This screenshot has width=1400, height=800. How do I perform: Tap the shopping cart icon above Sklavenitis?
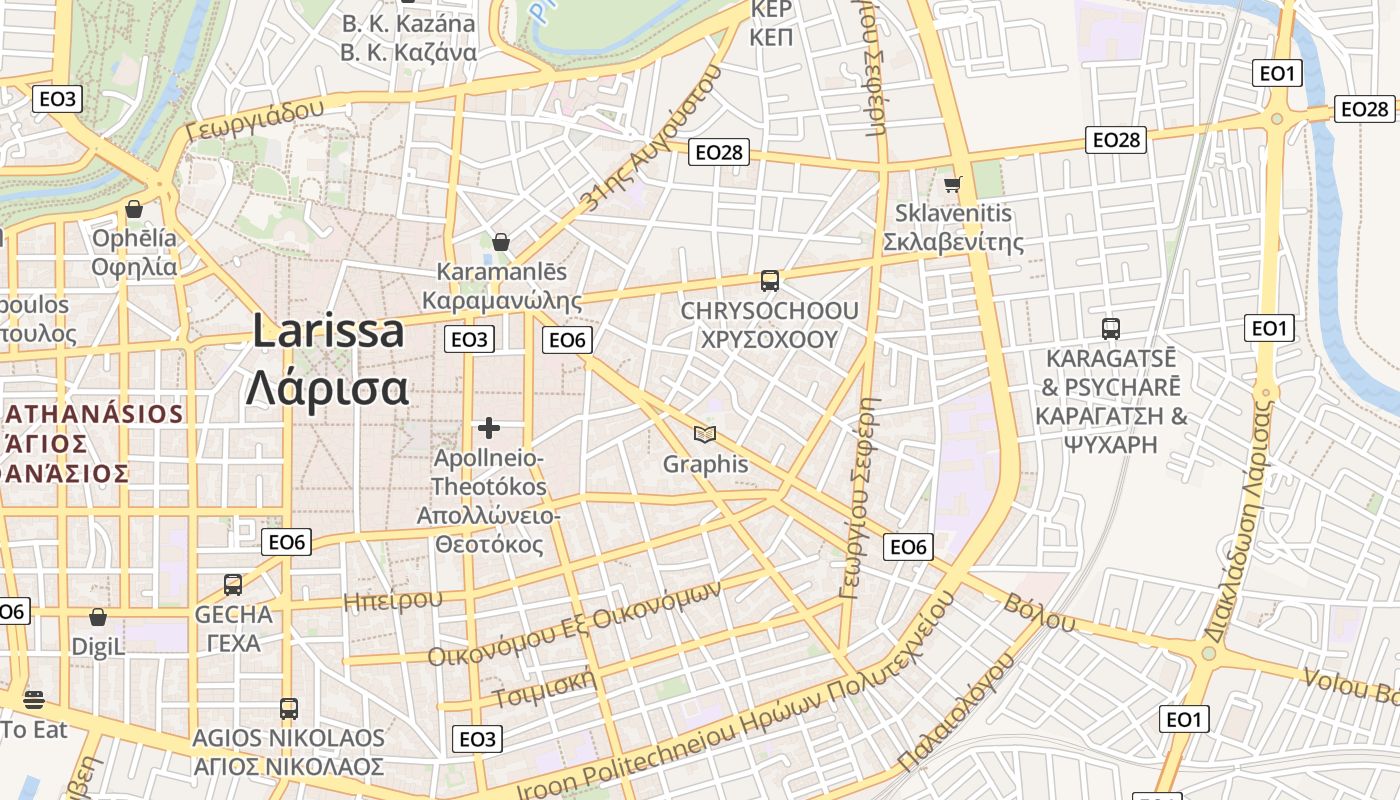(x=952, y=184)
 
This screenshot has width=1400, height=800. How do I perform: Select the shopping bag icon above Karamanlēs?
(x=501, y=242)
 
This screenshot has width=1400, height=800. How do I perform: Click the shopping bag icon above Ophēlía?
(x=133, y=209)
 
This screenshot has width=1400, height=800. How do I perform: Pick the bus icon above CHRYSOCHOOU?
(x=769, y=281)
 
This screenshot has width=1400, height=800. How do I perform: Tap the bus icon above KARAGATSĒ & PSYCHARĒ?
(x=1110, y=328)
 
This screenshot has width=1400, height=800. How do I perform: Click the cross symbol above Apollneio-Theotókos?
(x=488, y=428)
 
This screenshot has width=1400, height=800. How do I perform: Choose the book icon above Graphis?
(x=705, y=434)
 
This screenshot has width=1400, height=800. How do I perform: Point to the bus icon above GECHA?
(x=233, y=585)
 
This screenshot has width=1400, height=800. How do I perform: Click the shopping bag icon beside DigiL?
(x=97, y=618)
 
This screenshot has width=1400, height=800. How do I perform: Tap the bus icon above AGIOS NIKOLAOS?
(x=288, y=709)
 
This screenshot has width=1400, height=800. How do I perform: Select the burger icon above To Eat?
(x=34, y=699)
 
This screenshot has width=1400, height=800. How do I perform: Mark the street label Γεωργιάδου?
(x=256, y=121)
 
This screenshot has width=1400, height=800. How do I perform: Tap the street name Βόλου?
(x=1040, y=612)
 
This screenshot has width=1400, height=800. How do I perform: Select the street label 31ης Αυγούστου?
(x=651, y=138)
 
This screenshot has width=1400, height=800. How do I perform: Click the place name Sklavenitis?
(x=953, y=213)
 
